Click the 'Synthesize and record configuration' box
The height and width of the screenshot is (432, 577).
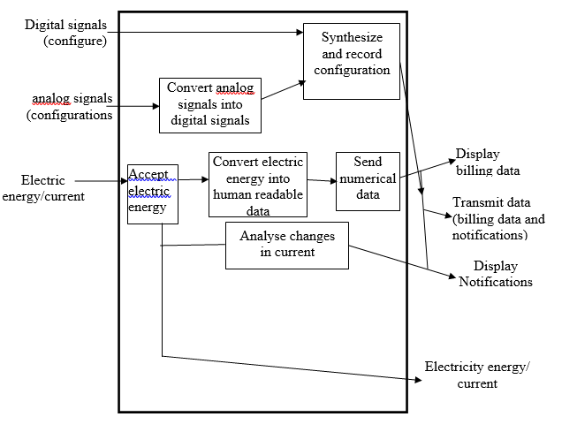click(x=352, y=62)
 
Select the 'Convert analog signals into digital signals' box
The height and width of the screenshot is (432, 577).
click(x=208, y=105)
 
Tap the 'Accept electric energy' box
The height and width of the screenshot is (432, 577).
click(x=152, y=193)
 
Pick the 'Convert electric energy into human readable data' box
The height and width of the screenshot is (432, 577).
click(x=257, y=185)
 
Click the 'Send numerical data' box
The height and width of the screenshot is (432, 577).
click(x=368, y=181)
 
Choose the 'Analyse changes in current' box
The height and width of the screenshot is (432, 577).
click(x=286, y=245)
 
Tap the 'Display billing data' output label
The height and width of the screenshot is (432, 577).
click(x=487, y=163)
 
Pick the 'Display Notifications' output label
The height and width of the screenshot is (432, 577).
click(x=496, y=274)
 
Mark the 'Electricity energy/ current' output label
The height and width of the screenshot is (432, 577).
click(x=477, y=375)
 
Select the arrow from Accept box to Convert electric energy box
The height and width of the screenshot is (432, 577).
click(x=194, y=180)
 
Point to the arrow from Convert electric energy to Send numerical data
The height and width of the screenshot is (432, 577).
click(x=322, y=181)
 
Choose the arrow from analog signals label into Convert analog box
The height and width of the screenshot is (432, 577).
click(x=137, y=106)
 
